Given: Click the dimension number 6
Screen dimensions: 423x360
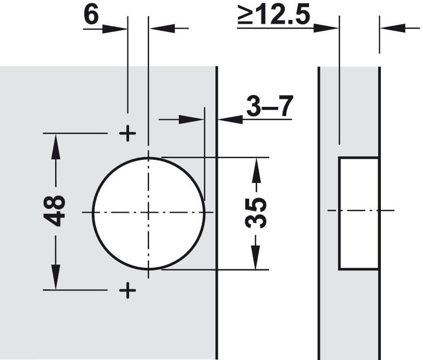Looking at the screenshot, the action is (91, 15).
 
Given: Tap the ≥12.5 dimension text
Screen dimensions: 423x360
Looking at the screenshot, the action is (274, 14).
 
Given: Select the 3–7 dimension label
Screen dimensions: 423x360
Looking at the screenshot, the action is (270, 106).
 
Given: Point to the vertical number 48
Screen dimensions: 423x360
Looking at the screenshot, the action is (55, 210).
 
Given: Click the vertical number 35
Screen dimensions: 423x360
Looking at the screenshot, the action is (256, 213).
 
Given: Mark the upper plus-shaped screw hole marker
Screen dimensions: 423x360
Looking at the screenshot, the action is (127, 133).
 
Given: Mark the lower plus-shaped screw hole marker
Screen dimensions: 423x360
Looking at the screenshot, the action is (127, 290).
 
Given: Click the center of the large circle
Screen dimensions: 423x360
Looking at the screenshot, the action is (149, 213).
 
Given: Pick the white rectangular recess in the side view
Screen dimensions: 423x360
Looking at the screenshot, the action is (359, 213).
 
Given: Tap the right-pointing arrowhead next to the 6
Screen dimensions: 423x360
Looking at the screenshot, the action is (115, 28).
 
